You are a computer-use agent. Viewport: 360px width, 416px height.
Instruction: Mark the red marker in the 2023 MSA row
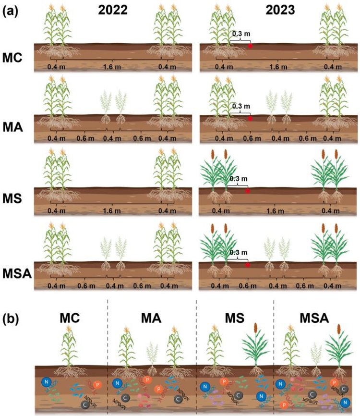248,264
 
